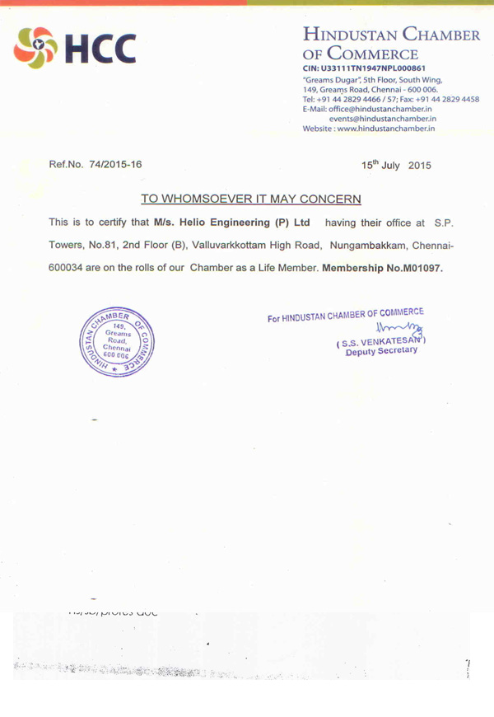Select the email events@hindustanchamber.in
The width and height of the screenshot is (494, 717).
point(383,119)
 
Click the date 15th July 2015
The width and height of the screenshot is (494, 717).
point(396,165)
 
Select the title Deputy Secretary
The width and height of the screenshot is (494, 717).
point(382,352)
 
